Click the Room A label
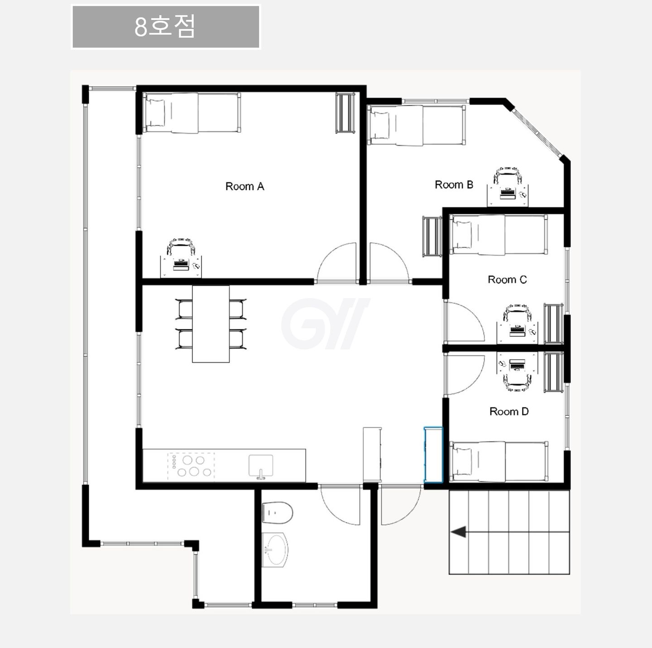[x=244, y=186]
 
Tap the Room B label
[x=454, y=184]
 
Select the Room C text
[x=507, y=279]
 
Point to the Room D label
[x=509, y=411]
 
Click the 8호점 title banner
[x=166, y=27]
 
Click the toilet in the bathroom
[x=277, y=513]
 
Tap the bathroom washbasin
[x=275, y=550]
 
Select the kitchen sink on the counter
[x=260, y=466]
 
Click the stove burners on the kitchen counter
[x=191, y=466]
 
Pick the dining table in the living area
[x=211, y=324]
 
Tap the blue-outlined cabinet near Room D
[x=433, y=455]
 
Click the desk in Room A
[x=181, y=267]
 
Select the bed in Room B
[x=416, y=125]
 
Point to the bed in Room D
[x=499, y=461]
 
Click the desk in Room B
[x=508, y=195]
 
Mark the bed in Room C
[x=499, y=235]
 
